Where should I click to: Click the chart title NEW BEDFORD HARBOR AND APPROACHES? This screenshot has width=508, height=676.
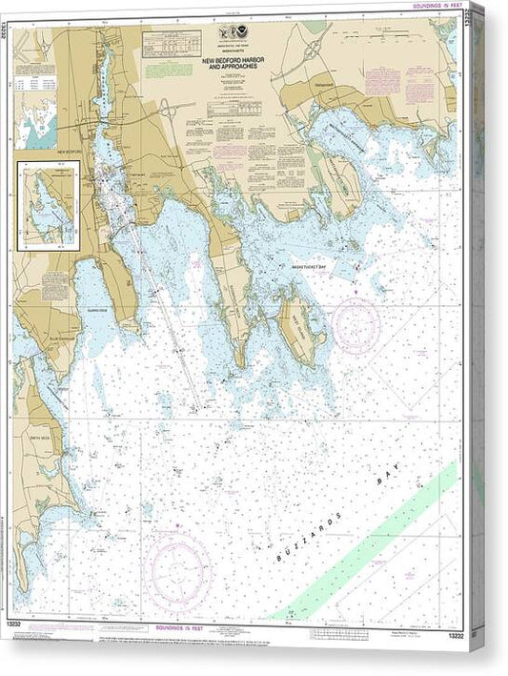[x=235, y=65]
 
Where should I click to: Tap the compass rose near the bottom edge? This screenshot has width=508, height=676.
[x=176, y=572]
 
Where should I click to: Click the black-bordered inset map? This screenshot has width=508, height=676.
[x=48, y=205]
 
